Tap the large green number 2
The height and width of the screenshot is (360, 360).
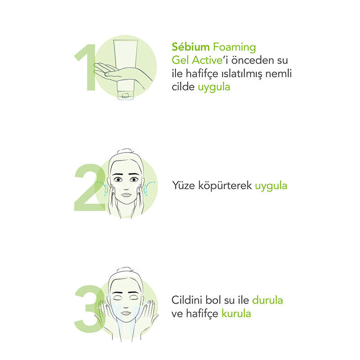90,187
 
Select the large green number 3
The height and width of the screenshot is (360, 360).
89,309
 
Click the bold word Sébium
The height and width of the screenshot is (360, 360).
190,47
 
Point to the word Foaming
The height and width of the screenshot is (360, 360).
234,48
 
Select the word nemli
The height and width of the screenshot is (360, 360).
279,73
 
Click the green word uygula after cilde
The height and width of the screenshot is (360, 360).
214,87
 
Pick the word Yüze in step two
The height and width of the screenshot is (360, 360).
184,185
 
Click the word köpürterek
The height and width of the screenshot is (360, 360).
225,186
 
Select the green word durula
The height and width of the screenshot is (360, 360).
267,300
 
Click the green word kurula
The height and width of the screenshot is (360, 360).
236,313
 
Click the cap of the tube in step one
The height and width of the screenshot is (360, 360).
125,95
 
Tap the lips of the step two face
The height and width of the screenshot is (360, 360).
126,195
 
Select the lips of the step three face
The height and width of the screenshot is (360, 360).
126,313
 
